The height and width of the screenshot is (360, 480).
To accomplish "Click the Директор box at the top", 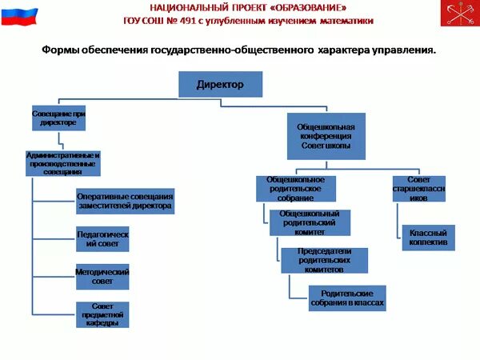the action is (x=220, y=84).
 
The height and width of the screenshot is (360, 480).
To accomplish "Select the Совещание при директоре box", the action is (x=58, y=119).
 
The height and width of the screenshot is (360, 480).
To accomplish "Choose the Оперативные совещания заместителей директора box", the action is (x=125, y=201).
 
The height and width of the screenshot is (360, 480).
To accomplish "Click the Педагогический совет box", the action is (x=102, y=239).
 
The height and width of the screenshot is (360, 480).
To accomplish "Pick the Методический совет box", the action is (x=102, y=276).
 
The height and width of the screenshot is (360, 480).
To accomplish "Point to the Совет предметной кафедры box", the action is (x=102, y=314).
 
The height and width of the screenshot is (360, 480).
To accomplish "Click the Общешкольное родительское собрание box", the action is (x=295, y=188).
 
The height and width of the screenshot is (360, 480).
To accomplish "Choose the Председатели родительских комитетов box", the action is (x=325, y=259).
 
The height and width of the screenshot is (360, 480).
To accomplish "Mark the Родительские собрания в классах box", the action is (x=347, y=298).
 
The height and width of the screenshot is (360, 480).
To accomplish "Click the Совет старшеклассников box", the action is (x=424, y=188).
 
